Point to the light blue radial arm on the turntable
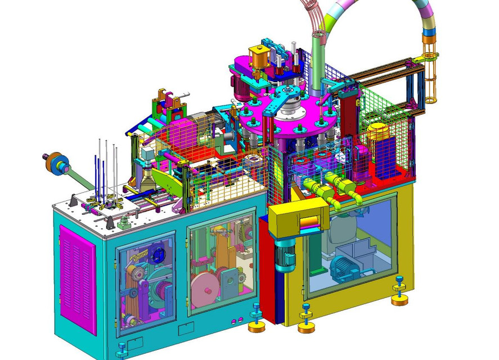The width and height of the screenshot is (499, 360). [281, 100]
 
